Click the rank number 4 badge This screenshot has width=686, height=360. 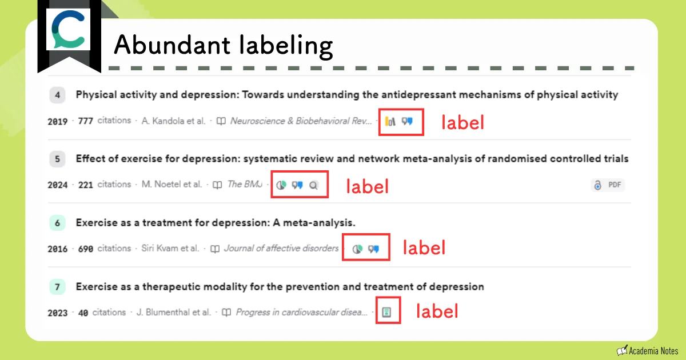[58, 95]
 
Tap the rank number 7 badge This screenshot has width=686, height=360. [58, 287]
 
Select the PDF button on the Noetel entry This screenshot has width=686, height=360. [608, 185]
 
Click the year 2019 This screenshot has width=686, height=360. [58, 121]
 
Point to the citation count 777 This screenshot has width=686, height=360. [85, 121]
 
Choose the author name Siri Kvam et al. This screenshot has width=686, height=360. [170, 249]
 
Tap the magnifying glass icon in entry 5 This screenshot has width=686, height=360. [313, 185]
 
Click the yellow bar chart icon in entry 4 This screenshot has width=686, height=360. [390, 121]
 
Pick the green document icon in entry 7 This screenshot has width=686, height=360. [387, 312]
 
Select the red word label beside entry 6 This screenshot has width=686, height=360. [424, 248]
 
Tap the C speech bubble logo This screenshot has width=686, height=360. [69, 32]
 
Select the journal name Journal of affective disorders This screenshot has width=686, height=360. [281, 249]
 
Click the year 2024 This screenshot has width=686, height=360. [58, 185]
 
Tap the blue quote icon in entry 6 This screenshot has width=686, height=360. [374, 249]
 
